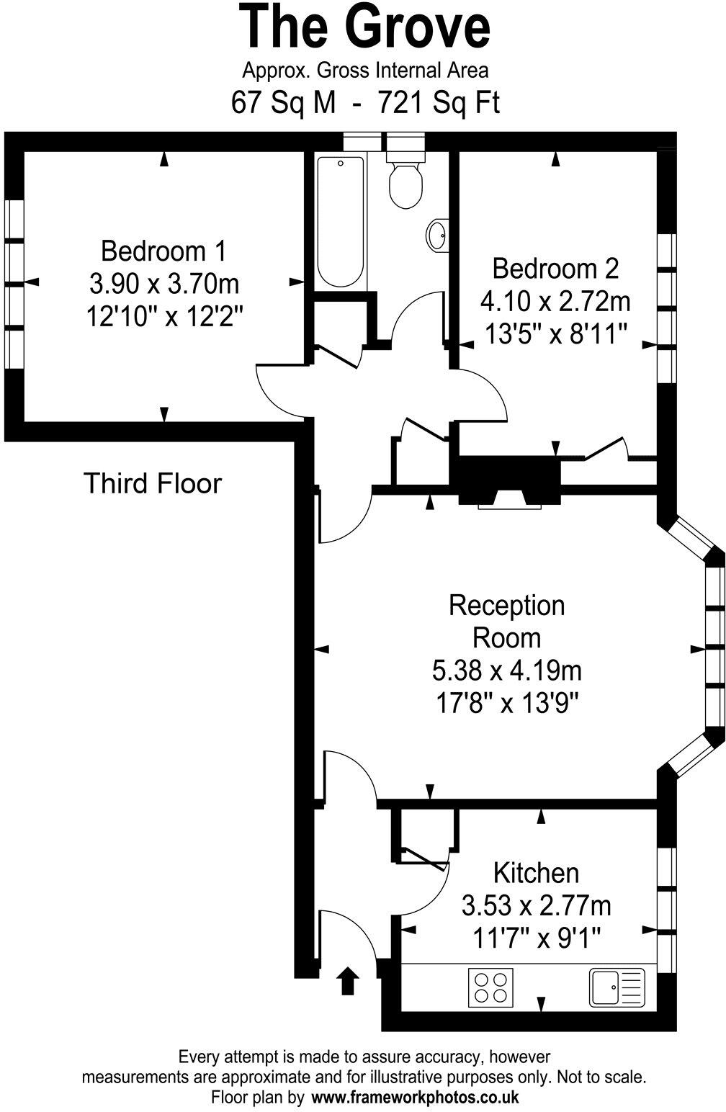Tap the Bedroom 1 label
(163, 251)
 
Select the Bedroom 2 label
(555, 269)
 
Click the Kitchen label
(536, 872)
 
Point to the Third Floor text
(153, 483)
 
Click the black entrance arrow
(348, 981)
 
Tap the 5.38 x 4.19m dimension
(506, 671)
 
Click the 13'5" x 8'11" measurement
(555, 333)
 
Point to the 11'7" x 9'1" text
(537, 937)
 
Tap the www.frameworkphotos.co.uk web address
(414, 1098)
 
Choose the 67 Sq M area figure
(283, 102)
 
